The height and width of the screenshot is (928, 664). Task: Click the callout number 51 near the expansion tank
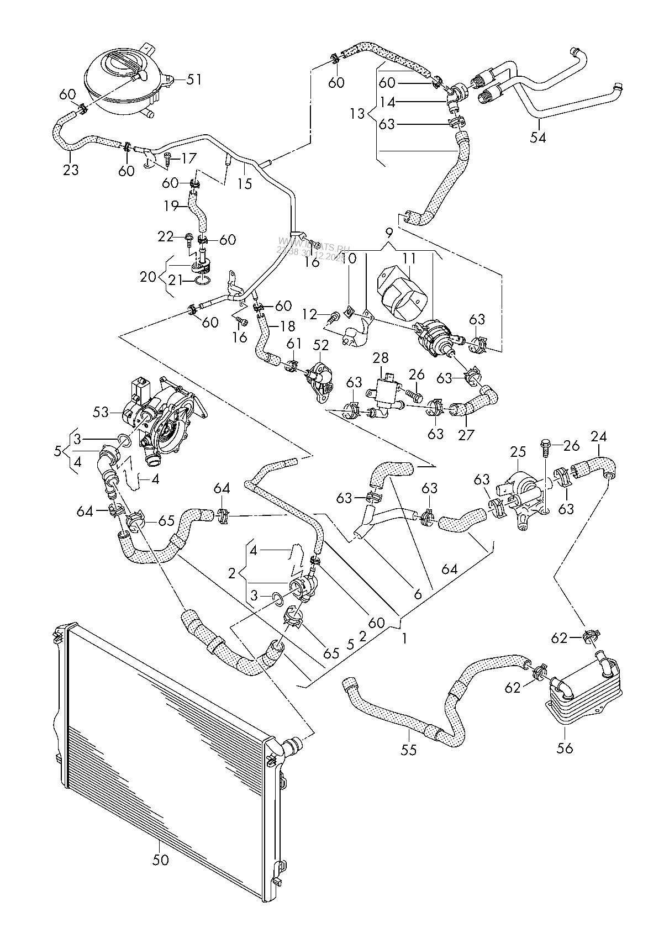click(x=193, y=80)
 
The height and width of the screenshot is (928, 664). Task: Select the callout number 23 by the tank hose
click(x=70, y=170)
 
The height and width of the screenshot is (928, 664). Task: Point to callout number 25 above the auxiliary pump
click(x=518, y=452)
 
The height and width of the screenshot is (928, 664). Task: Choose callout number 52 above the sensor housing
click(x=321, y=345)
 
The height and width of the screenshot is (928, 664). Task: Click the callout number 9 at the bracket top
click(x=389, y=232)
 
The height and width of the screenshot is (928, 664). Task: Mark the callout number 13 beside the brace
click(x=357, y=114)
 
